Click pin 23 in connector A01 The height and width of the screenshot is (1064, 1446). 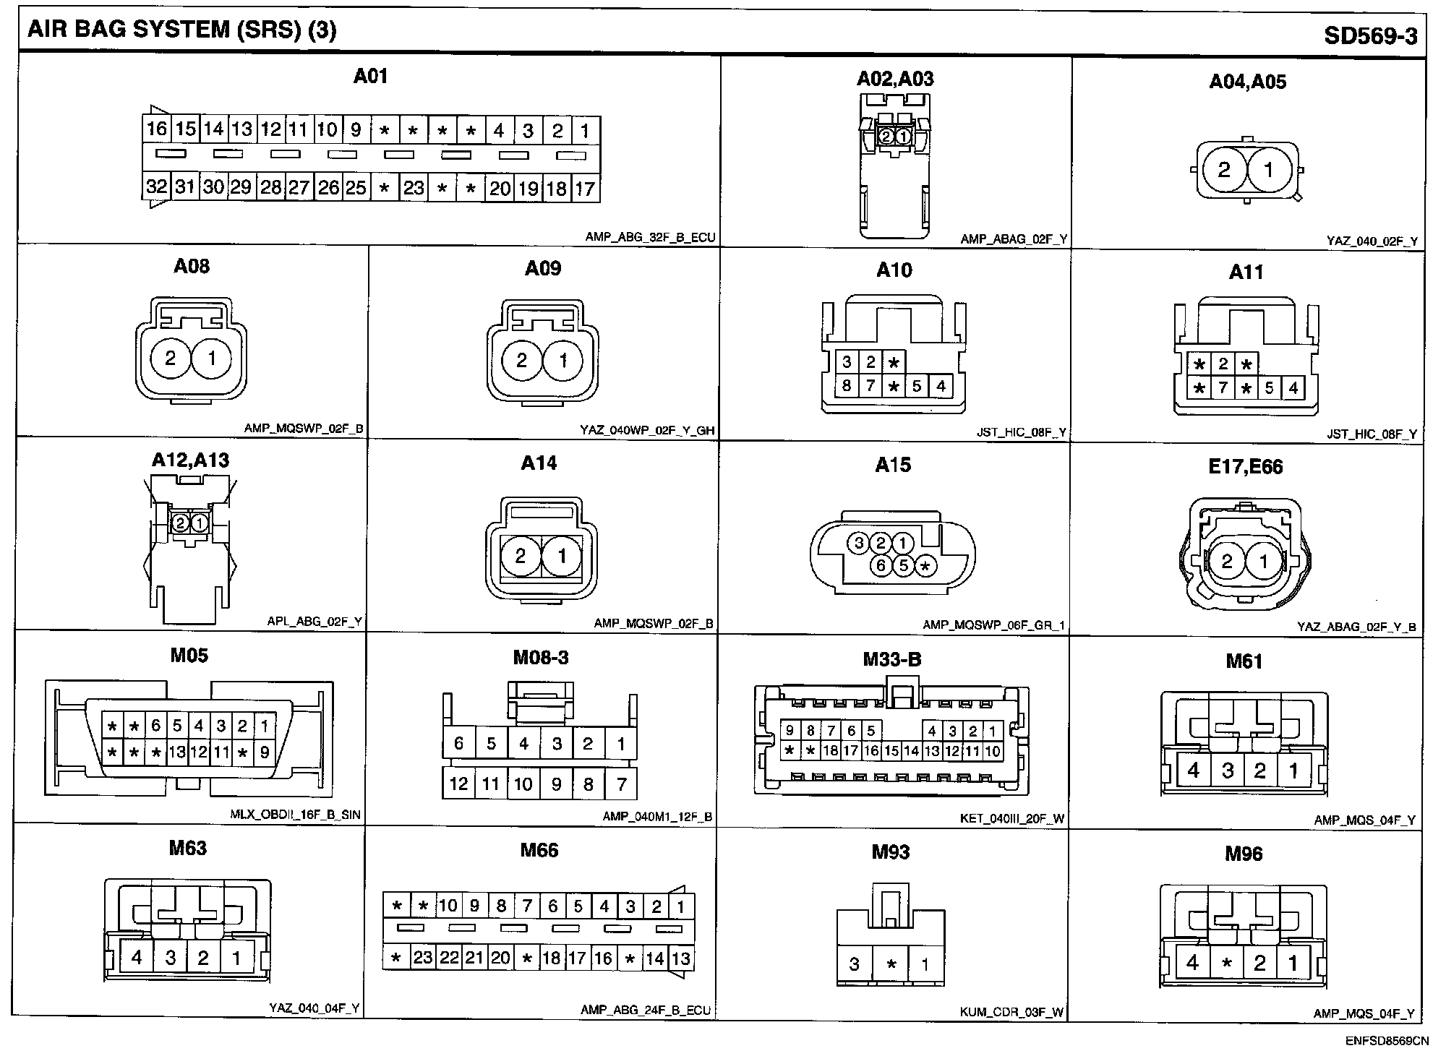coord(414,188)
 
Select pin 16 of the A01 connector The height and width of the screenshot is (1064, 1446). coord(157,129)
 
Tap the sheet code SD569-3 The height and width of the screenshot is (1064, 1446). coord(1370,36)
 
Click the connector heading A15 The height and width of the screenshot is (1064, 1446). coord(893,465)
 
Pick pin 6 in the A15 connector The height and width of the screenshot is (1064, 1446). coord(881,566)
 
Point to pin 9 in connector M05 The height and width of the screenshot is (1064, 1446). coord(265,752)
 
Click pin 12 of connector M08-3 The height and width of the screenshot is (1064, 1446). coord(459,784)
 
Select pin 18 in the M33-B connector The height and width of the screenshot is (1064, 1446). coord(830,751)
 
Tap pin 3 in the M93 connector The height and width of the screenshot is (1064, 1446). coord(855,964)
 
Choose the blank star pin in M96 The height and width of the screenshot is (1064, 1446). coord(1226,964)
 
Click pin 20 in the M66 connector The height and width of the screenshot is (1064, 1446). coord(500,958)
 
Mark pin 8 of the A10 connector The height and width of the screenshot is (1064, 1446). coord(847,385)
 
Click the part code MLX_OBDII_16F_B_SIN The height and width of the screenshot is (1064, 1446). coord(295,815)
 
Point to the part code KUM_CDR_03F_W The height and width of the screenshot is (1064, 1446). coord(1011,1012)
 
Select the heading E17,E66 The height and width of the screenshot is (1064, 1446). coord(1246,467)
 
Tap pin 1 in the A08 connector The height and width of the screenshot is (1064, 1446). coord(212,358)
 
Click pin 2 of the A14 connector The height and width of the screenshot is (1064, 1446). coord(521,556)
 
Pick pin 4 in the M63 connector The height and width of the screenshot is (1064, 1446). coord(137,958)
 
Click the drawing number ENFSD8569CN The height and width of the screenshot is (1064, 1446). coord(1387,1042)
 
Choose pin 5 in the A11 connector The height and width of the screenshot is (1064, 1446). coord(1270,388)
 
